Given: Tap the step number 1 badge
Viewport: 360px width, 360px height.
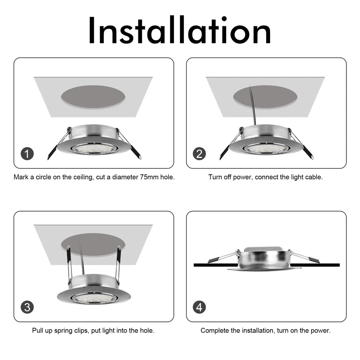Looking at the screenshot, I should (x=27, y=153).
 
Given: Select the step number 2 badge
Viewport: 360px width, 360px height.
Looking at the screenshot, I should (x=199, y=153).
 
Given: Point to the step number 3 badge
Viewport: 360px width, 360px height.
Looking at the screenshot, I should (x=27, y=307).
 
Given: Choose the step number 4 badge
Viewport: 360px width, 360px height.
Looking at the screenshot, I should (x=199, y=307).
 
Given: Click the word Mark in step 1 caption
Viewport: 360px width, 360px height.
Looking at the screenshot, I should (x=21, y=177).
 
